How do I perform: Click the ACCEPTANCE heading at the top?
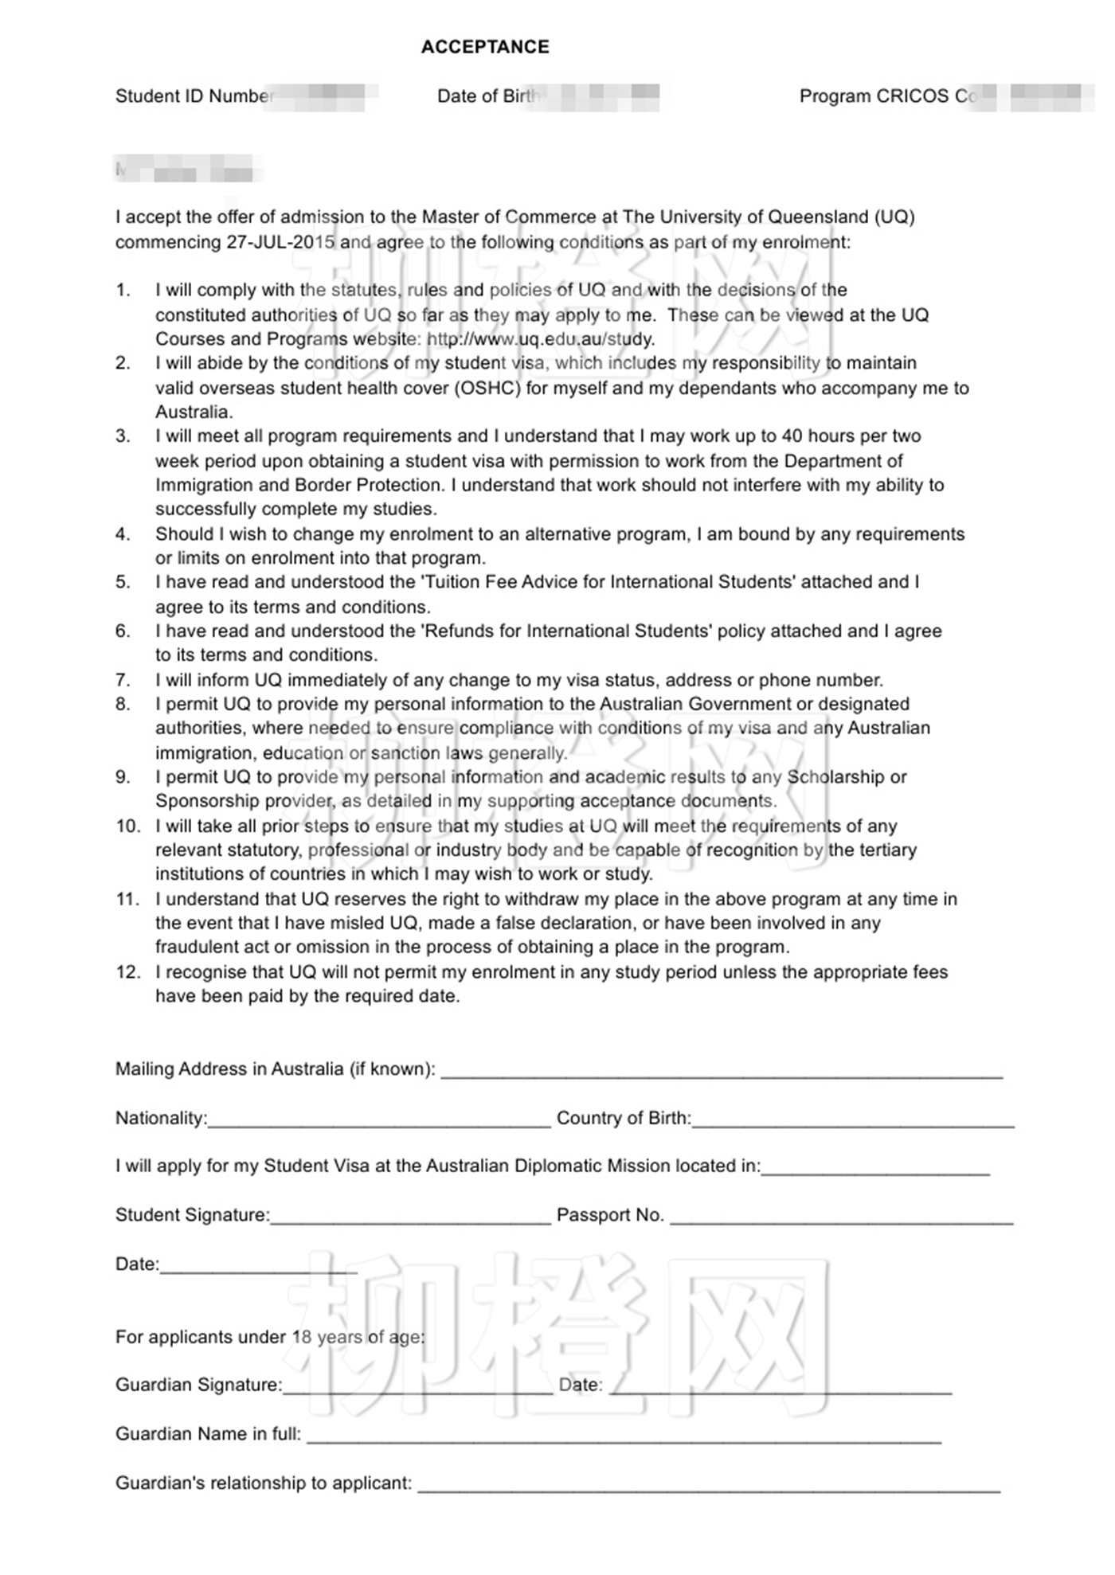tap(485, 47)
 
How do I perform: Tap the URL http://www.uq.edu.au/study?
tap(541, 339)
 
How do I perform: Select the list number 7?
tap(123, 680)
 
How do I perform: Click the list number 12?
tap(127, 972)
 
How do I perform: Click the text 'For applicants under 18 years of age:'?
tap(270, 1337)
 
